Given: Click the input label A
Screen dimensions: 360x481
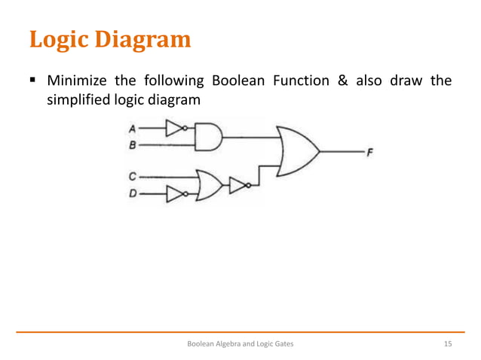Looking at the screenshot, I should (132, 129).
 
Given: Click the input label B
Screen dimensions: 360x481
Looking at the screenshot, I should (132, 143).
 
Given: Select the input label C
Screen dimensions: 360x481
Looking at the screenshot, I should (132, 176).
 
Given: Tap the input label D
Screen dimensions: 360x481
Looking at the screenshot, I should (132, 195).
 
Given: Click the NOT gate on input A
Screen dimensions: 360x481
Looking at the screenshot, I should (175, 129).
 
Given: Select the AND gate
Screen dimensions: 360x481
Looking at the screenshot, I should (209, 136).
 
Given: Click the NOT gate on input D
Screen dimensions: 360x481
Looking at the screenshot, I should (175, 195).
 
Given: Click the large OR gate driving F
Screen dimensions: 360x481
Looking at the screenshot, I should (297, 151).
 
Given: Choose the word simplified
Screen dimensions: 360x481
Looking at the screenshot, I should (81, 100).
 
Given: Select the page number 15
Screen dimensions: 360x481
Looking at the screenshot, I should (447, 343).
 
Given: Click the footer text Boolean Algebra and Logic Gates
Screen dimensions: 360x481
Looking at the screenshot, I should (240, 343).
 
